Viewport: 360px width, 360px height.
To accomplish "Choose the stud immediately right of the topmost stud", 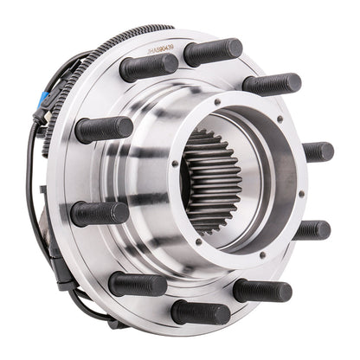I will point(271,84).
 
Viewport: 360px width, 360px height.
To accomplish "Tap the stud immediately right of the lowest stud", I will point(261,289).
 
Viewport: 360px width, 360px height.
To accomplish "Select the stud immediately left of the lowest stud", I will point(138,283).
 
